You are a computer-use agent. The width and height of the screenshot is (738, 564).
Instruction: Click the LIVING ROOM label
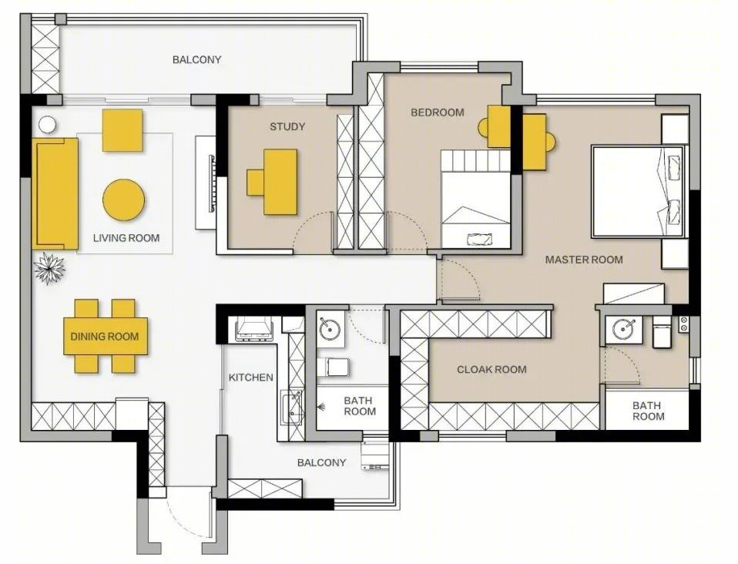point(126,238)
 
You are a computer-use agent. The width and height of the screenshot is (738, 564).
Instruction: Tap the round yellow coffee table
point(124,200)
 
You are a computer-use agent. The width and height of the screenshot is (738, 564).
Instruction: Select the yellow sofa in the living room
point(55,193)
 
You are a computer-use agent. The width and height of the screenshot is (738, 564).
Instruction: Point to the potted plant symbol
point(49,268)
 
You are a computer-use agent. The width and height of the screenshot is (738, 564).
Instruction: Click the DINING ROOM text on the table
point(105,336)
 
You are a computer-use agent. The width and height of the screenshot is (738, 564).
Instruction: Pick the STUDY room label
point(287,126)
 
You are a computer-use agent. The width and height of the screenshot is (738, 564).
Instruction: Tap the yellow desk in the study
point(280,182)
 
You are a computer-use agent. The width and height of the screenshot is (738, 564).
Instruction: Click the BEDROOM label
point(438,112)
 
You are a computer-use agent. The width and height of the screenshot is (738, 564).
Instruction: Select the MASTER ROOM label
point(584,260)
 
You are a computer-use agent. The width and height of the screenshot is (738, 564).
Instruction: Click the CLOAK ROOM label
point(491,369)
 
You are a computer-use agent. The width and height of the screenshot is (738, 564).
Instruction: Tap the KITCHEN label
point(251,377)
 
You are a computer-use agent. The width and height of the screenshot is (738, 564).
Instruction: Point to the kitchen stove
point(255,328)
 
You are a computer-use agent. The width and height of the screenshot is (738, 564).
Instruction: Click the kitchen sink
point(292,408)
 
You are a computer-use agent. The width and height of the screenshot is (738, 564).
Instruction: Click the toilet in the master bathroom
point(662,331)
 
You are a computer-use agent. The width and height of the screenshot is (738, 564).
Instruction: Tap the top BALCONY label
point(196,60)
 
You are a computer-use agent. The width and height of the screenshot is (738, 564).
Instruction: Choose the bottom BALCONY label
point(321,462)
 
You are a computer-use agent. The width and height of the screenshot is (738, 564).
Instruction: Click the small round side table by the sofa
point(47,125)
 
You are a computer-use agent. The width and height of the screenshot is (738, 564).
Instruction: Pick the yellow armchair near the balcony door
point(122,130)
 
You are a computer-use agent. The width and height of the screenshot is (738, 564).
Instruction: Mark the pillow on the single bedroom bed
point(480,239)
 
